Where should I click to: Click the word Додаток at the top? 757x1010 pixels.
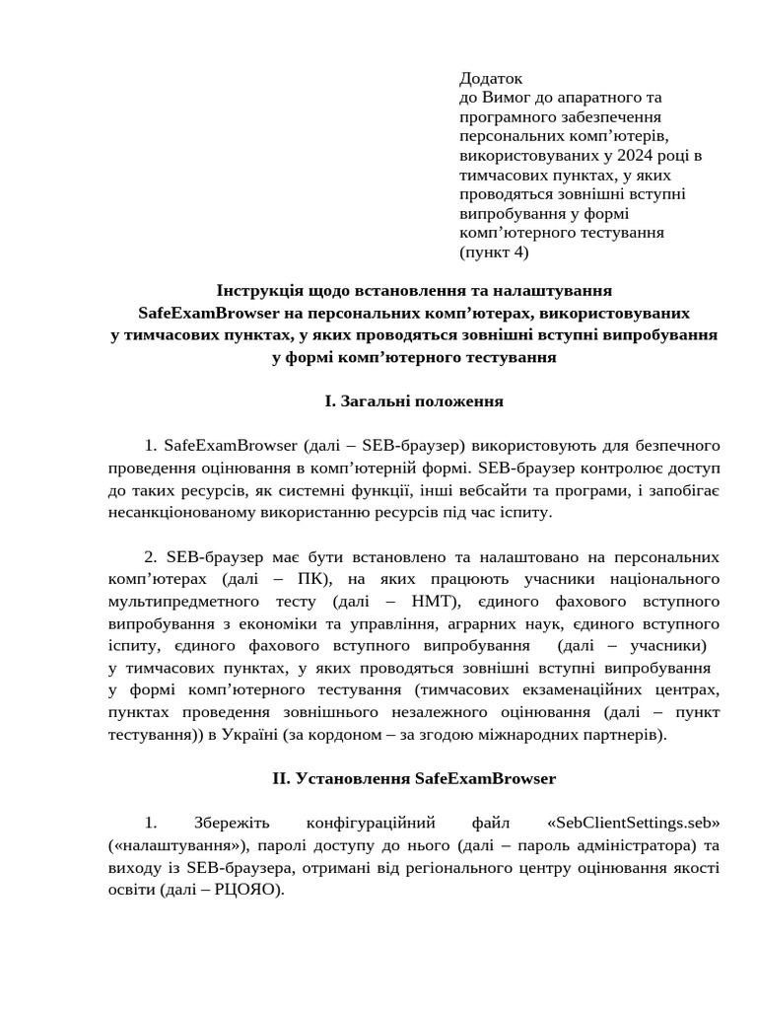point(491,78)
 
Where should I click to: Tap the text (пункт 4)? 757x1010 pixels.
point(494,252)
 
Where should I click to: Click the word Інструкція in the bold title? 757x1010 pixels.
point(260,291)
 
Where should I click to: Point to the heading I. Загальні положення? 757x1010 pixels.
point(414,401)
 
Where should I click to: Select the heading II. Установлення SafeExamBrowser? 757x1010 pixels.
point(414,778)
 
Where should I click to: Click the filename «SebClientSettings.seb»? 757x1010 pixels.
point(632,823)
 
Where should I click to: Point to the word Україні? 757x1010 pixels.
point(248,735)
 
